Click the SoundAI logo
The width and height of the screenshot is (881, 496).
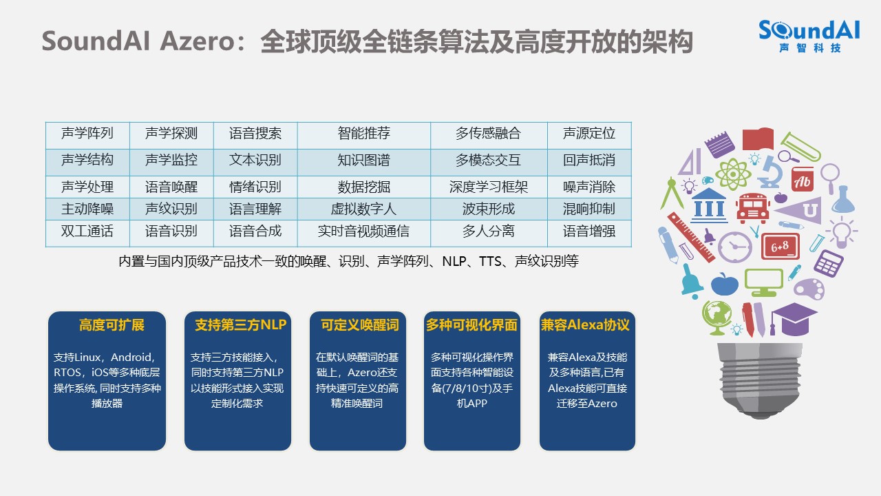tap(809, 36)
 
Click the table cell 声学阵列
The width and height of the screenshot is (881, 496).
tap(87, 135)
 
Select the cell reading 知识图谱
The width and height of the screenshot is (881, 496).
tap(364, 162)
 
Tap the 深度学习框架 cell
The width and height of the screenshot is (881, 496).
tap(489, 187)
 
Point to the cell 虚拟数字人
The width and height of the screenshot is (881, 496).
tap(364, 209)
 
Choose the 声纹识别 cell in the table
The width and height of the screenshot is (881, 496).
tap(171, 209)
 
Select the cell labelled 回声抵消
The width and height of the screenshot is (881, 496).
tap(589, 162)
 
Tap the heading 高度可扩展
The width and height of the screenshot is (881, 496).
tap(112, 325)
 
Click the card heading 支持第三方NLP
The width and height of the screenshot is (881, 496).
tap(241, 325)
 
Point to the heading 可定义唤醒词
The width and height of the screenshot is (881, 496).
tap(360, 325)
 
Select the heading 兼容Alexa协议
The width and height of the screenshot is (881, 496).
tap(585, 325)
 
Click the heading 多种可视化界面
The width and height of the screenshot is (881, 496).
tap(471, 325)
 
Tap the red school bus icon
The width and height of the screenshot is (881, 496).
tap(753, 208)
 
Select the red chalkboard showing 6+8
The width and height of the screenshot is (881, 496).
tap(781, 247)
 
